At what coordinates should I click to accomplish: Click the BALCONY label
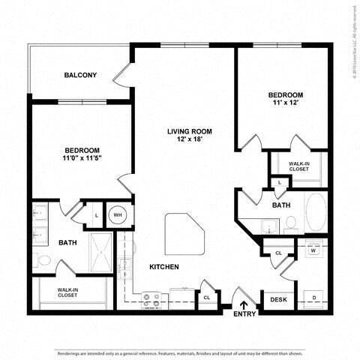click(x=80, y=75)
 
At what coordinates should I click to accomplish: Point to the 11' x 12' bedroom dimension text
click(x=286, y=104)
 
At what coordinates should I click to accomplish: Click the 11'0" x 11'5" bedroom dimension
click(x=83, y=158)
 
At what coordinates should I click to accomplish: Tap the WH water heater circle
click(x=116, y=215)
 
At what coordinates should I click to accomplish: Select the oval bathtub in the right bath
click(x=316, y=212)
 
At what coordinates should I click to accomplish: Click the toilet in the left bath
click(x=43, y=261)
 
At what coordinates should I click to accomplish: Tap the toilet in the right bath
click(x=291, y=223)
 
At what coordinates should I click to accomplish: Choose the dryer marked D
click(x=313, y=298)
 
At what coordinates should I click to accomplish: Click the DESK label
click(x=278, y=300)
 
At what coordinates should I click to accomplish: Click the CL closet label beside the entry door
click(x=205, y=298)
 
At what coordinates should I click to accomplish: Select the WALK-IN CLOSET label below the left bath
click(x=73, y=292)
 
